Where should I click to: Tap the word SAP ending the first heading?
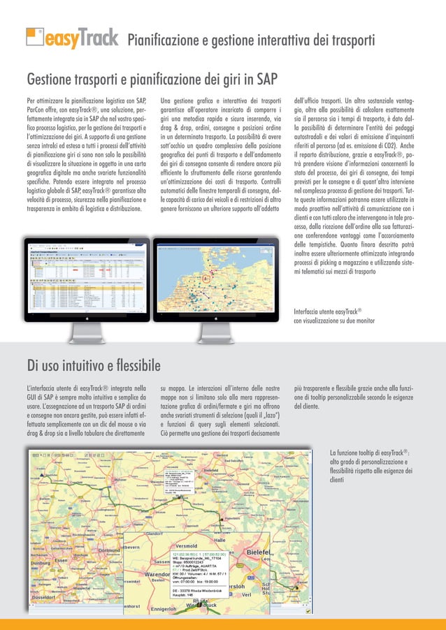tap(266, 76)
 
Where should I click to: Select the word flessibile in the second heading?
tap(132, 365)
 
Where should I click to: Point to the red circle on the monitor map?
tap(206, 277)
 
